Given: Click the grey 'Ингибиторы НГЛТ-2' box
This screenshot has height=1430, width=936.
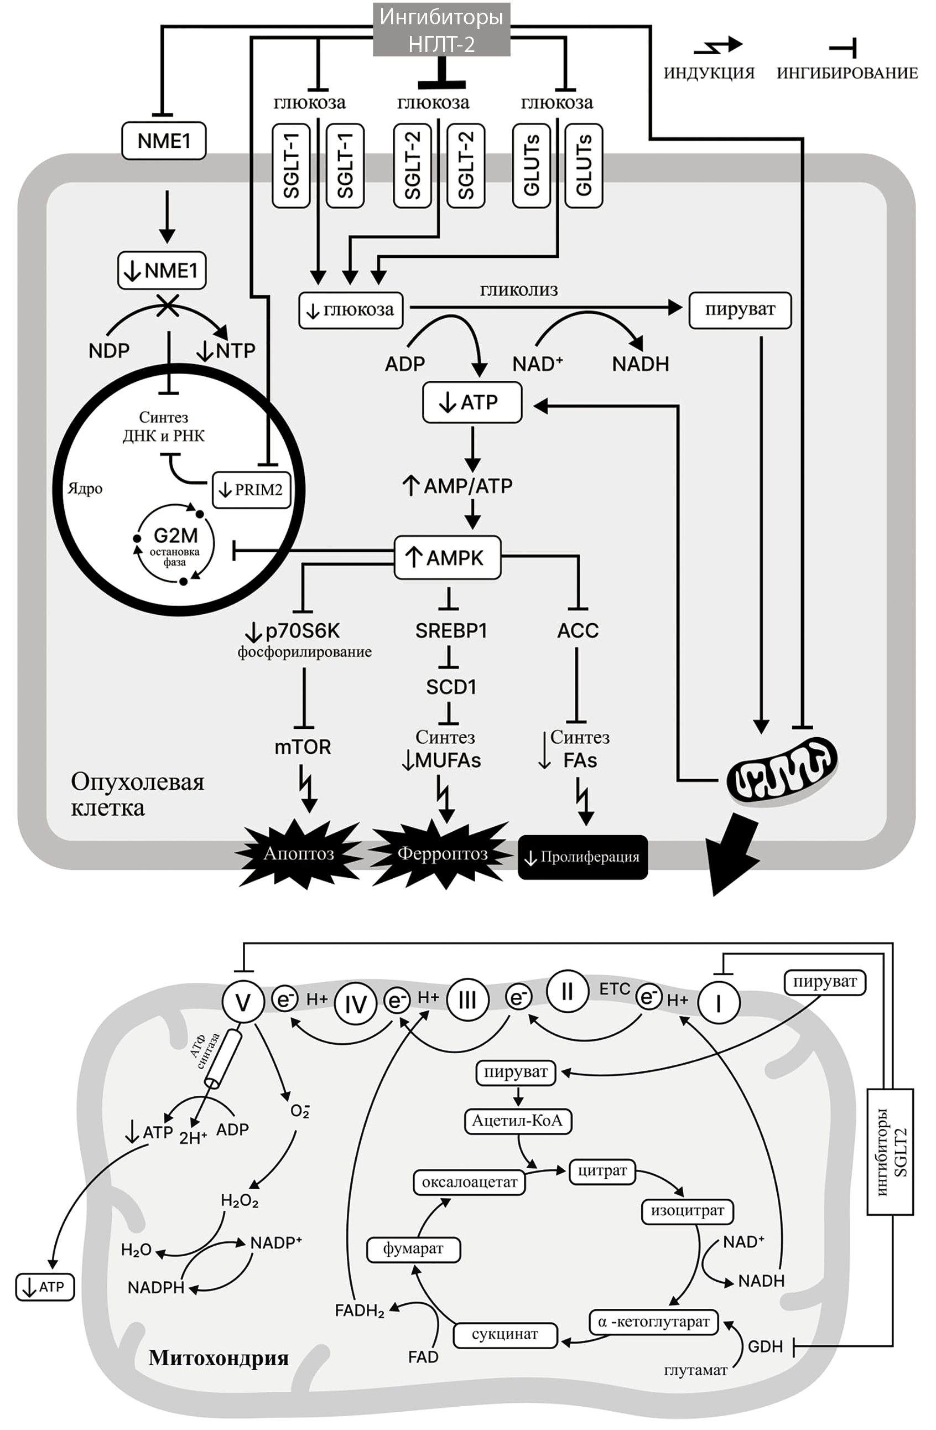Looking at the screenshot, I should pos(441,29).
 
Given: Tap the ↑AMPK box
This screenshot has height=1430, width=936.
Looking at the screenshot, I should pos(447,557).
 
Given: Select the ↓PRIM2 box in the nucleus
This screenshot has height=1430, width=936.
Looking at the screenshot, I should pos(252,490).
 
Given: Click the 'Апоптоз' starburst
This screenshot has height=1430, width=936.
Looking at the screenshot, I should pos(299,853).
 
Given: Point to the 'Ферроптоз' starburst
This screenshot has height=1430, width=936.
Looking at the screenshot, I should pos(442,853).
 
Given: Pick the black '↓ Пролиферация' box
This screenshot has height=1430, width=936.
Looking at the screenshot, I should pos(583,857).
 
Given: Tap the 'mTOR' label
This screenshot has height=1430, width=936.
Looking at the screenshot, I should pos(303,747).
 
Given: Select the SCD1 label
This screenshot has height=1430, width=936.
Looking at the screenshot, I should pos(451,687).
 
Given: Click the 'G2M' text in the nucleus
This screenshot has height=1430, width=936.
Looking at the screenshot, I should pos(175,535).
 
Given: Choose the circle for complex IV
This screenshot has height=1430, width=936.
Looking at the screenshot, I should pos(355,1003).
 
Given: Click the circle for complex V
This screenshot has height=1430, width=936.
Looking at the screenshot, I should pos(243,1002).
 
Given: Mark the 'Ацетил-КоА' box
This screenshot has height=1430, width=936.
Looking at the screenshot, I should pos(517,1121).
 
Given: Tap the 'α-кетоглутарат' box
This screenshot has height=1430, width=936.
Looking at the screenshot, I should pos(654,1322).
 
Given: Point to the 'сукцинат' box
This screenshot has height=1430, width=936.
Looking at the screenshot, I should pos(505,1334).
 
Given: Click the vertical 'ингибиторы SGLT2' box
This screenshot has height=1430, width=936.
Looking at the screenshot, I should pos(890,1151).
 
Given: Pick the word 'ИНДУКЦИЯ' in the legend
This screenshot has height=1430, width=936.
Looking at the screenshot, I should pos(709,73).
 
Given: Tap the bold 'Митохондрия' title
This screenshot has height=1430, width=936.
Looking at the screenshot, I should pos(219,1358).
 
